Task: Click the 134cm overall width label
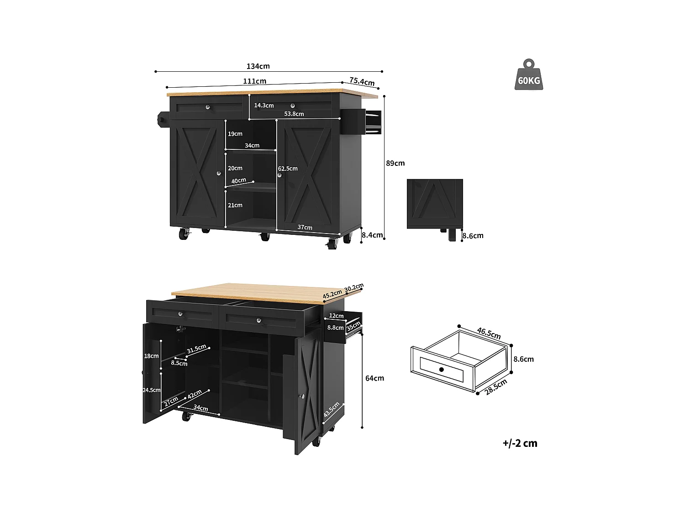tap(258, 66)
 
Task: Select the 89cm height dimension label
tap(395, 163)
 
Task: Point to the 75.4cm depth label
tap(362, 82)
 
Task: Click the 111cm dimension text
tap(254, 81)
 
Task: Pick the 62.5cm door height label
tap(288, 169)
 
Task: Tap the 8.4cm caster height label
tap(372, 235)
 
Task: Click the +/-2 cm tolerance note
tap(520, 443)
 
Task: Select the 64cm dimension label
tap(374, 378)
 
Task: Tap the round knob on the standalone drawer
tap(441, 369)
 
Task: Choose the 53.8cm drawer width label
tap(294, 114)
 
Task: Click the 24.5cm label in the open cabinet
tap(152, 390)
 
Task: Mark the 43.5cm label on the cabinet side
tap(332, 410)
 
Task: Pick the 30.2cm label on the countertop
tap(354, 288)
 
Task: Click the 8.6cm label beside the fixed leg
tap(473, 236)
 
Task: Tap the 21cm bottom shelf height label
tap(235, 205)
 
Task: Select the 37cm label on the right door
tap(305, 227)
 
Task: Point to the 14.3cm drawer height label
tap(264, 106)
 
